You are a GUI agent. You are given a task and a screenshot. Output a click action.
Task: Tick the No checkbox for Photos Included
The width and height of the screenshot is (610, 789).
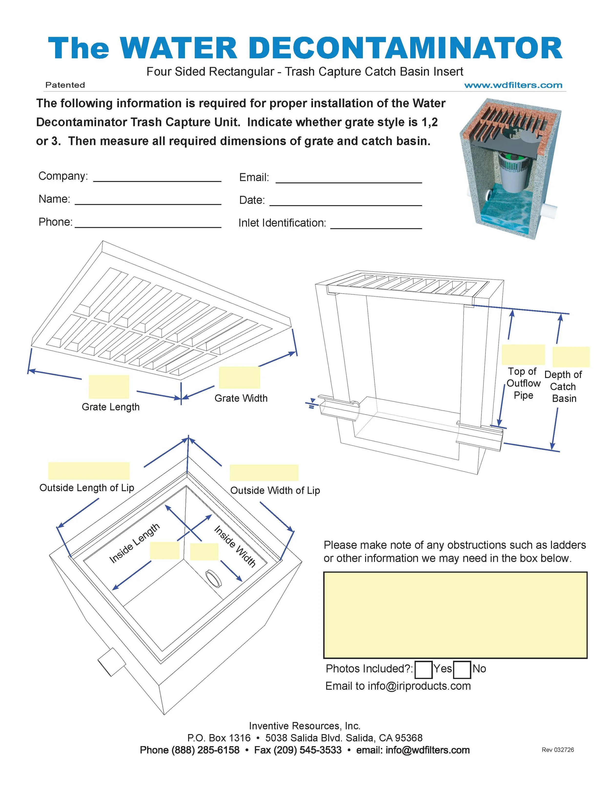click(x=462, y=669)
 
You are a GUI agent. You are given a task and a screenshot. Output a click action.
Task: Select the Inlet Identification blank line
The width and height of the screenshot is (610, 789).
click(x=376, y=225)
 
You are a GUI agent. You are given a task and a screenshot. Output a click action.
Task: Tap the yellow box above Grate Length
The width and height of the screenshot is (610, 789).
click(x=109, y=387)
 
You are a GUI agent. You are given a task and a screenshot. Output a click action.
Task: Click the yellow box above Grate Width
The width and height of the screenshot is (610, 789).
click(x=239, y=378)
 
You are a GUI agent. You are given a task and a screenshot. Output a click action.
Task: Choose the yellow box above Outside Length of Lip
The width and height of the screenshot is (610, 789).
click(x=89, y=471)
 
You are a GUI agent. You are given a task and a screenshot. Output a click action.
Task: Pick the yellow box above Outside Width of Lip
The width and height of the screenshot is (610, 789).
click(x=264, y=472)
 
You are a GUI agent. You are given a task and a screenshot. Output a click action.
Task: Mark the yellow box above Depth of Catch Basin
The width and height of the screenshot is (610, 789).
click(x=571, y=357)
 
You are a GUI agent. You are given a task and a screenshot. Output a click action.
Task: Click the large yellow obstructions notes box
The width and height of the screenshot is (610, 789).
click(x=455, y=615)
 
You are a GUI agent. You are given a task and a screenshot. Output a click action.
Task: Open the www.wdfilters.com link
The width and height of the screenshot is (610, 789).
click(x=513, y=85)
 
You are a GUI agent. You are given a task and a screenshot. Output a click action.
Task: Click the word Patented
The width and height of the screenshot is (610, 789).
click(x=65, y=85)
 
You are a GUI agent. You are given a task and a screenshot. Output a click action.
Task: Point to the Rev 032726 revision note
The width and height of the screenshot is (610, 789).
click(x=558, y=750)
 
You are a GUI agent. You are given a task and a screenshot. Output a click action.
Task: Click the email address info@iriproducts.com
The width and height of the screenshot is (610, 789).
click(x=419, y=686)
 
